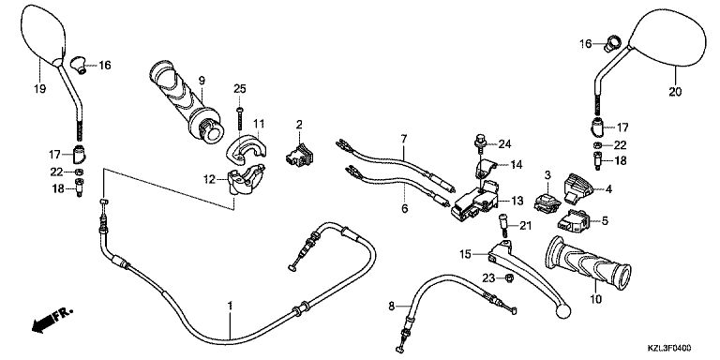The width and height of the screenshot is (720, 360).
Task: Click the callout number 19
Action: pos(40,89)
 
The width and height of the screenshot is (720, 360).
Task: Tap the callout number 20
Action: pos(675,92)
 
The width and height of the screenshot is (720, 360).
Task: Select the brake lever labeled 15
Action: pos(528,276)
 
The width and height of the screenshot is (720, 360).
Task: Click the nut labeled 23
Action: pos(509,277)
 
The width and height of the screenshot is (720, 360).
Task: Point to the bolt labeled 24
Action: pos(479,142)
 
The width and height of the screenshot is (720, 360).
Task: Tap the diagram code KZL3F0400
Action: pos(670,349)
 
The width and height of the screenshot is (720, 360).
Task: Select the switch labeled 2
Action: pos(299,154)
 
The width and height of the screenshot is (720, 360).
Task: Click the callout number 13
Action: pos(517,201)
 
